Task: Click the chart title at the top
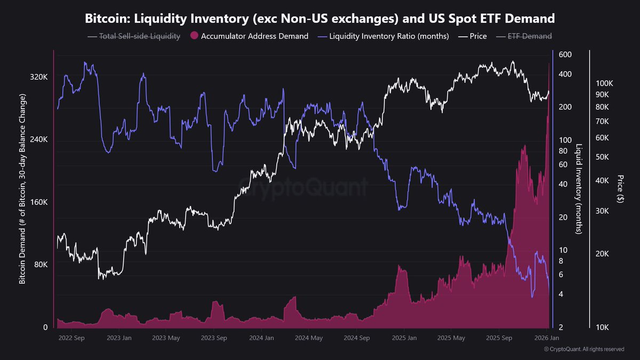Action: (x=320, y=19)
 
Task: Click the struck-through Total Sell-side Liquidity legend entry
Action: (x=133, y=36)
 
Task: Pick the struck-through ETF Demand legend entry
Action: (x=524, y=36)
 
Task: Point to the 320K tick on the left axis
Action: (x=39, y=77)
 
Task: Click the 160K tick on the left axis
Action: (x=39, y=203)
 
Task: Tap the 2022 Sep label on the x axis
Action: (x=71, y=338)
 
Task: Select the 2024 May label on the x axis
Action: (x=309, y=338)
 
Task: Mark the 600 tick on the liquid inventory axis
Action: (x=565, y=54)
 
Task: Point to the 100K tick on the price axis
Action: (x=605, y=84)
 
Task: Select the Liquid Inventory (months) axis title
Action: (x=578, y=189)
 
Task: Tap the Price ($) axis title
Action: (x=620, y=189)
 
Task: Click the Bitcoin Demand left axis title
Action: (x=23, y=189)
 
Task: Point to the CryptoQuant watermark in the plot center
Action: (x=303, y=188)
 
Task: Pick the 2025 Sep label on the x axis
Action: (x=499, y=338)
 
